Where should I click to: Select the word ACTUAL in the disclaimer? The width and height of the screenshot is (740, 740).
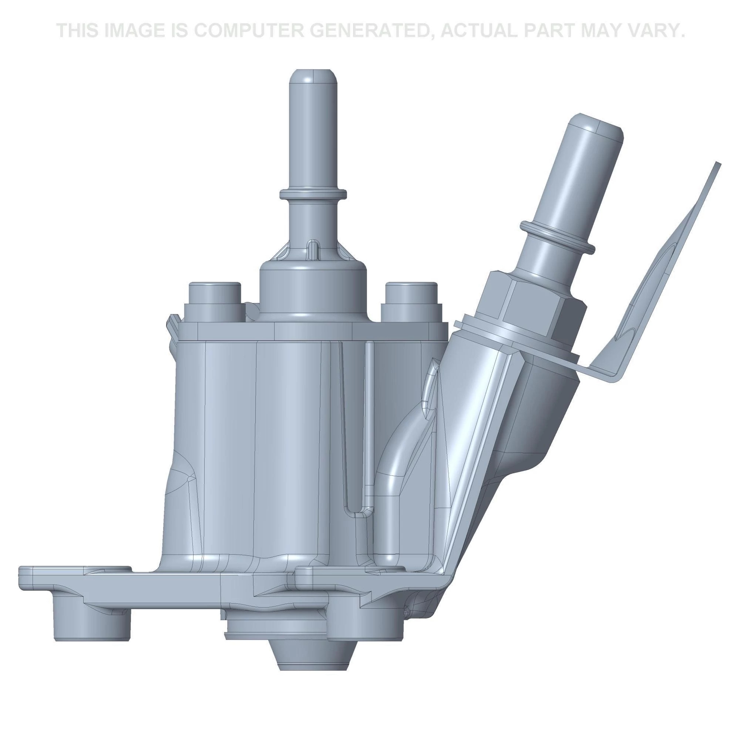484,31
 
